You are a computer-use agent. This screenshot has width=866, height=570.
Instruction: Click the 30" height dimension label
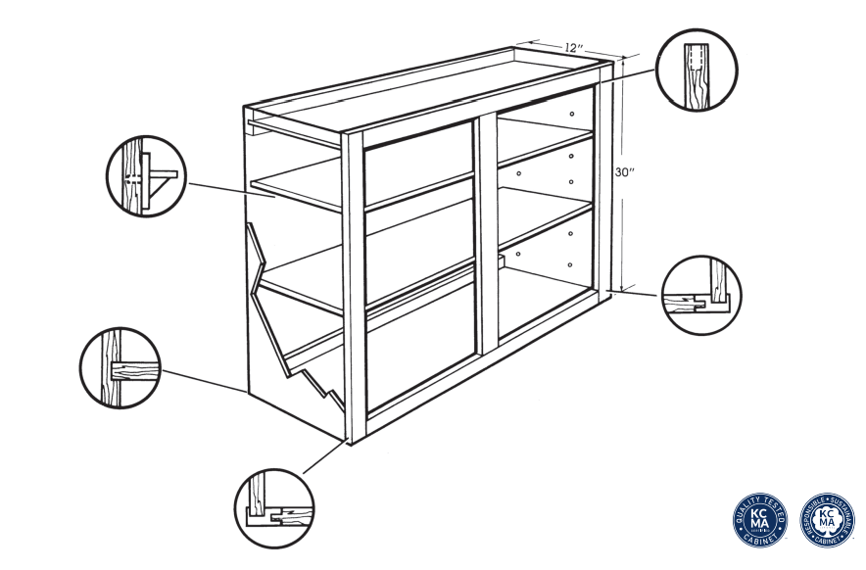click(625, 171)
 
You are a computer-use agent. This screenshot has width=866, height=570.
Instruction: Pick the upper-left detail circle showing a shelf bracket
click(146, 177)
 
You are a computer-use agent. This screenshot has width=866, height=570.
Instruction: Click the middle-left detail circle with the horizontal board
click(119, 368)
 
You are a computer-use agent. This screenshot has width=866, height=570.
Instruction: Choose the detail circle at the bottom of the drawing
click(273, 509)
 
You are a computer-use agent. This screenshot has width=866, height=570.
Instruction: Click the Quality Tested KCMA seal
click(761, 519)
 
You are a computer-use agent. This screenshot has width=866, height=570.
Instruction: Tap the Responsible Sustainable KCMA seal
click(827, 519)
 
